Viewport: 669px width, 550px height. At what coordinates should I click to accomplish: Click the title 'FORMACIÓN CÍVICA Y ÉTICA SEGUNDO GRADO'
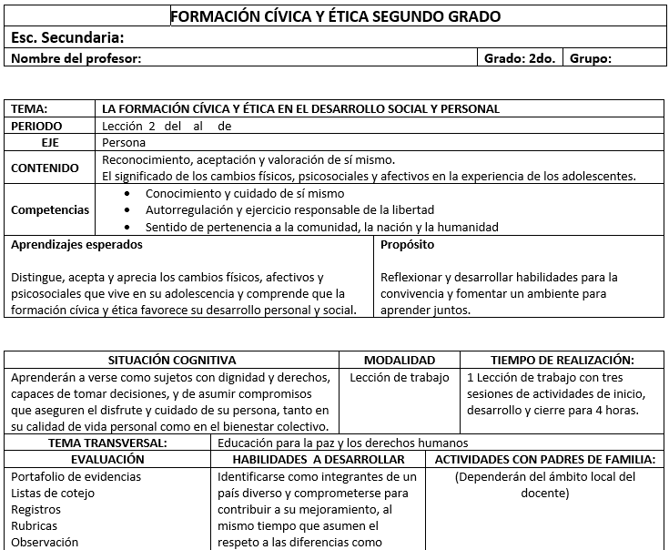(335, 16)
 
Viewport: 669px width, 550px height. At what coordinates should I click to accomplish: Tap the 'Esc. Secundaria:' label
(67, 38)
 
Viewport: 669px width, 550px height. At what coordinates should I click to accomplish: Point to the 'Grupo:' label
(591, 59)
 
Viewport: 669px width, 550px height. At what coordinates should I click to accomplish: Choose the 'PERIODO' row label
(37, 126)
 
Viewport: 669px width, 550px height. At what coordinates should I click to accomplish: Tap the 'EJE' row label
(51, 143)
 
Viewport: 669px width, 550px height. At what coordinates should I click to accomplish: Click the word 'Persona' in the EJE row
(124, 143)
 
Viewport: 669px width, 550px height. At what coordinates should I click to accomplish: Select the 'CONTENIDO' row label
(45, 168)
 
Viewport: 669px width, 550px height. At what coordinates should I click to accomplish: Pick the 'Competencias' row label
(50, 210)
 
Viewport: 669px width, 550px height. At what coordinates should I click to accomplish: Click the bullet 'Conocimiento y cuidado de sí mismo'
(245, 194)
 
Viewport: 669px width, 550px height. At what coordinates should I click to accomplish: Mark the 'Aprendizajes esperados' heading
(76, 245)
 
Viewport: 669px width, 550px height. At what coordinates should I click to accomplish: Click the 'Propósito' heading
(408, 245)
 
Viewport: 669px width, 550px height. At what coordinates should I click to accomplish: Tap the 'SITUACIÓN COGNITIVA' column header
(172, 361)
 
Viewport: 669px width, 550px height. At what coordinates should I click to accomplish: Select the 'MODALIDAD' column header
(400, 361)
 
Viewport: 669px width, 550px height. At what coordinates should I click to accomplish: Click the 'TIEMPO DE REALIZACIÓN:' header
(563, 361)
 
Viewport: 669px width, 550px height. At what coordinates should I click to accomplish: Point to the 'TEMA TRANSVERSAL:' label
(107, 443)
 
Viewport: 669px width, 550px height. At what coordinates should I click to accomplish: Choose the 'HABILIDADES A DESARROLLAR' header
(319, 460)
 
